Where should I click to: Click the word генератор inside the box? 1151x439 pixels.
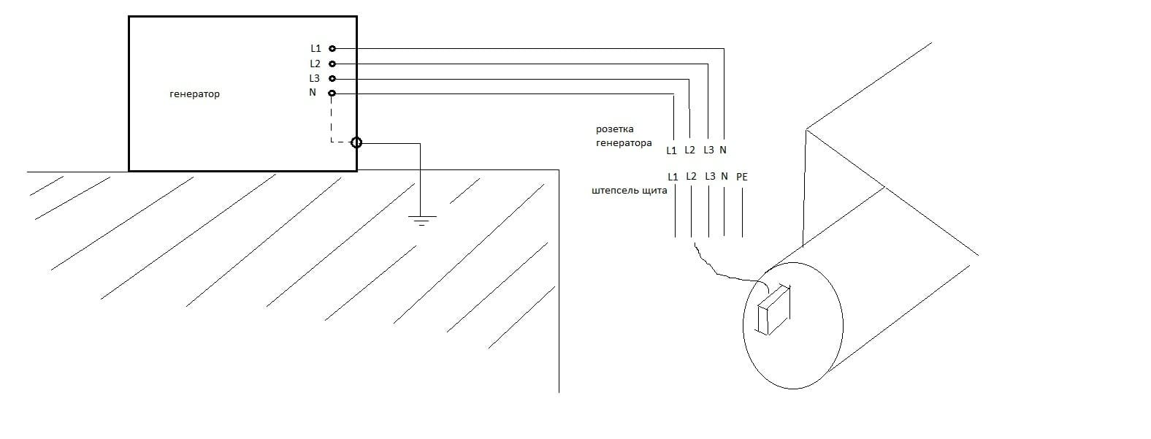point(195,94)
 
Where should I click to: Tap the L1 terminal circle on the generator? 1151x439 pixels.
point(332,48)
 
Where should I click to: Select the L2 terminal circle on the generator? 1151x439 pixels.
point(332,64)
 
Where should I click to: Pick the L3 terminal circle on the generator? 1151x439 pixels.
point(332,79)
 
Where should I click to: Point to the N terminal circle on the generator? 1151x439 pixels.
point(332,93)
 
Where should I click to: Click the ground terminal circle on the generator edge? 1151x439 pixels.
point(356,142)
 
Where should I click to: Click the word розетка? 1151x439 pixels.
point(614,129)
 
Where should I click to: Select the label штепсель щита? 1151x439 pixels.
point(630,190)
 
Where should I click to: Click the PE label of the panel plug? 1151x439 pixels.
point(741,177)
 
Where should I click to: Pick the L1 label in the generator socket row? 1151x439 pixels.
point(671,150)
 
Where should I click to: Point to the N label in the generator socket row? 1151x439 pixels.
point(723,150)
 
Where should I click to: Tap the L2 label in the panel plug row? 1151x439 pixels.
point(691,177)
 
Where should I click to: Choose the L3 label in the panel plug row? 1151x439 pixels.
point(710,176)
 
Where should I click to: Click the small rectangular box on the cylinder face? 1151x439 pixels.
point(774,310)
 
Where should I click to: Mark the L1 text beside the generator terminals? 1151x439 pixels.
point(316,48)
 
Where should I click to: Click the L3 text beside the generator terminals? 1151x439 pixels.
point(314,79)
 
